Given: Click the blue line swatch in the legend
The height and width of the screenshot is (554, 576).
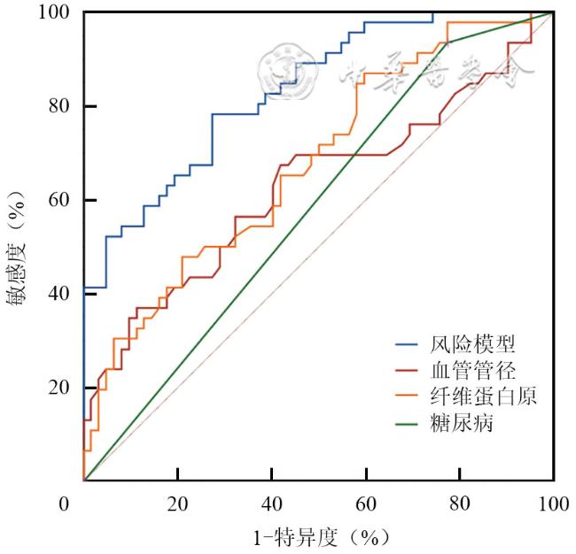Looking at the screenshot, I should pyautogui.click(x=407, y=343).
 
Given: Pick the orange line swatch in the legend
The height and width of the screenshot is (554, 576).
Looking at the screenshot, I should pyautogui.click(x=407, y=396).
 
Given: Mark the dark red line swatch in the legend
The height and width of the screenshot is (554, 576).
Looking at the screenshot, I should pyautogui.click(x=407, y=370).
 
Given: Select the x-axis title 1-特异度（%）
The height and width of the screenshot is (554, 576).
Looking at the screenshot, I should pyautogui.click(x=318, y=536).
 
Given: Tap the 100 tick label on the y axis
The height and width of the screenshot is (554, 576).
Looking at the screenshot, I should pyautogui.click(x=55, y=13).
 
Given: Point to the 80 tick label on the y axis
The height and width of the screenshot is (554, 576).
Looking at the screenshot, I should pyautogui.click(x=59, y=107).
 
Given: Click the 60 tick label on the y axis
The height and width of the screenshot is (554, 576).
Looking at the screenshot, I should pyautogui.click(x=59, y=201).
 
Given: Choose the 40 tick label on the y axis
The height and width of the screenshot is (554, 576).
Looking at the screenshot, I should pyautogui.click(x=59, y=294).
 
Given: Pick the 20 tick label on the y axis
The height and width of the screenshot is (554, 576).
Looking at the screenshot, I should pyautogui.click(x=59, y=388).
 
